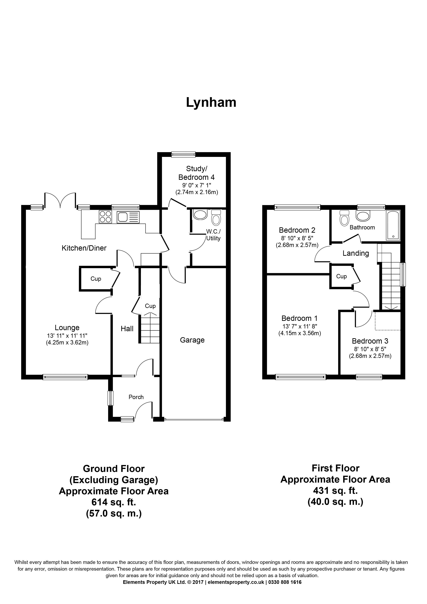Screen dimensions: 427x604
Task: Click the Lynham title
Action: point(211,102)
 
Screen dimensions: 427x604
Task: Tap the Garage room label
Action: point(192,340)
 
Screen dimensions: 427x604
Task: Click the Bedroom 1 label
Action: point(299,318)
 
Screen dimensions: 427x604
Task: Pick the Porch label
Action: point(136,397)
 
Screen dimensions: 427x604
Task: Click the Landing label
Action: point(356,253)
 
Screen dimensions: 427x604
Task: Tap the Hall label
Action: point(127,329)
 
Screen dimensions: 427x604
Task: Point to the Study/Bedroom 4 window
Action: point(183,154)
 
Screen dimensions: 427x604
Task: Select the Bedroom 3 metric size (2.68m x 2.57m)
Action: point(370,356)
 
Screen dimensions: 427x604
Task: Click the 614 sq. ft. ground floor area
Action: point(114,502)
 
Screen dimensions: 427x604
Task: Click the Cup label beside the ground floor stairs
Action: point(150,306)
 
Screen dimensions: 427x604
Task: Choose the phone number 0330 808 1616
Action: point(285,582)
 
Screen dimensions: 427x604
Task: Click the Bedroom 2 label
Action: point(297,230)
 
